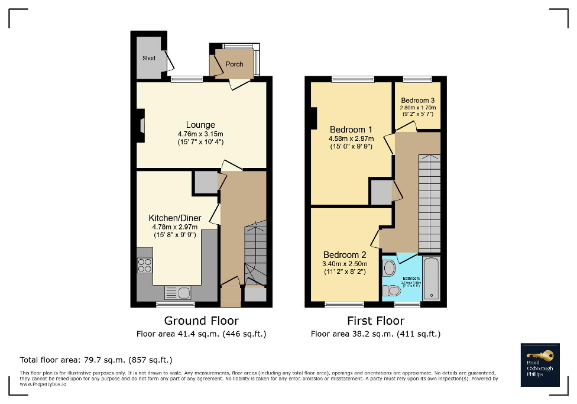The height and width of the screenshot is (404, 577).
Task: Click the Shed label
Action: tap(148, 59)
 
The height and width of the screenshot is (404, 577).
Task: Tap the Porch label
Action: tap(234, 64)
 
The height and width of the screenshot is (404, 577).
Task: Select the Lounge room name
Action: tap(200, 125)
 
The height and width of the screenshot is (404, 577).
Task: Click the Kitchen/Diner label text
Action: tap(174, 218)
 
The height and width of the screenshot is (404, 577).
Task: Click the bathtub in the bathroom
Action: tap(432, 279)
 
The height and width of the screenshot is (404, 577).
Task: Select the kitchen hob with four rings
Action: tap(145, 266)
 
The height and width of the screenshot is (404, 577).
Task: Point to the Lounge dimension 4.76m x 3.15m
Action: tap(200, 134)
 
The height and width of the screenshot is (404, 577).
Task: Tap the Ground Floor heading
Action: tap(201, 321)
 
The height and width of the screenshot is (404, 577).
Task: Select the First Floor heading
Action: tap(375, 321)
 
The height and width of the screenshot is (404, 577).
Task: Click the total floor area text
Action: tap(96, 360)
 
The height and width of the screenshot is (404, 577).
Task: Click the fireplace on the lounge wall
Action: tap(141, 126)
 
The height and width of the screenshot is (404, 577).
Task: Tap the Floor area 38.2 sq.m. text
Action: tap(375, 334)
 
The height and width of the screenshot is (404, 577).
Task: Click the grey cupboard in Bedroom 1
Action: tap(381, 192)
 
